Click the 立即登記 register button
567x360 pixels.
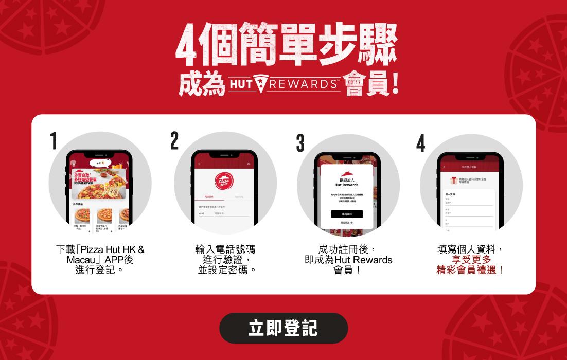pos(283,328)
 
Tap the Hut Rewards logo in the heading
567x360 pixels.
pos(284,84)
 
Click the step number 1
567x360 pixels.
pos(54,141)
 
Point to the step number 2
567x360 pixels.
pos(174,141)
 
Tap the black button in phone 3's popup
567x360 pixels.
pos(346,214)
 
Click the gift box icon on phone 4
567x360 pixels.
pos(454,180)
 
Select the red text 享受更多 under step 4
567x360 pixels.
pos(471,260)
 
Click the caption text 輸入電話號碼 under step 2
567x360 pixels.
pos(225,249)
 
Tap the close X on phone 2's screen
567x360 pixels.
pos(248,164)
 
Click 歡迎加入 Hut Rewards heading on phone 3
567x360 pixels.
pos(346,182)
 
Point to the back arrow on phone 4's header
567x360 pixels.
pos(444,167)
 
